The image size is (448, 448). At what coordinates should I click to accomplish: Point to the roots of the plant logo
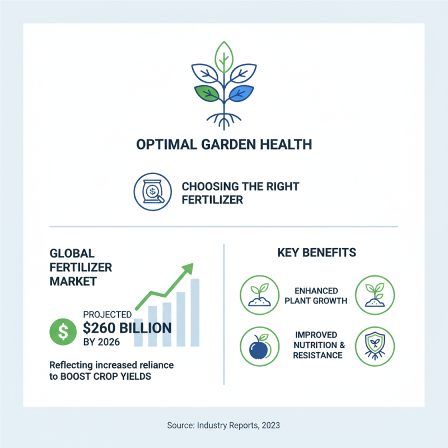click(224, 118)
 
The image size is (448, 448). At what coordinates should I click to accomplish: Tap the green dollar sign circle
click(64, 332)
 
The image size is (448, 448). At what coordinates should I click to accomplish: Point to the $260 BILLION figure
click(127, 328)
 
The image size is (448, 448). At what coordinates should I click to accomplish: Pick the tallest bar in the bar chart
click(195, 312)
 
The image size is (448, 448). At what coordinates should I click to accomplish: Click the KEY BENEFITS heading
click(316, 253)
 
